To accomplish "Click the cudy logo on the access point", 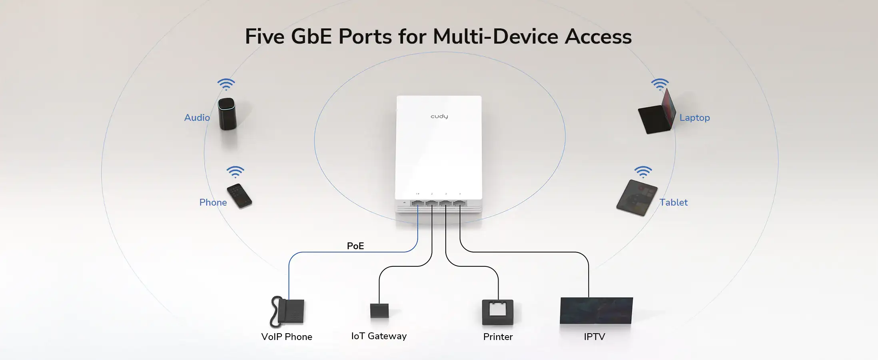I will [439, 116].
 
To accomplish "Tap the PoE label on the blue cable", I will [355, 246].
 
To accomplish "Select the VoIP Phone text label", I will [287, 337].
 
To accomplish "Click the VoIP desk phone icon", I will [288, 312].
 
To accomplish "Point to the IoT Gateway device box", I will [379, 310].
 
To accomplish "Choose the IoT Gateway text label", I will [379, 336].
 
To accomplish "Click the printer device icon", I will [498, 312].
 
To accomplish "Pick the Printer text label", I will [498, 337].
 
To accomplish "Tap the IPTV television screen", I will [596, 310].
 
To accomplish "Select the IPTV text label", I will [594, 337].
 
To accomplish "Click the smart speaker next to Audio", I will [227, 114].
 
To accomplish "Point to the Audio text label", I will [197, 118].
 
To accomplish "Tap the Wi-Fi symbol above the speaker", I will [226, 84].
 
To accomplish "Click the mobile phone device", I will [239, 196].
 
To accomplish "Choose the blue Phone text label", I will [213, 202].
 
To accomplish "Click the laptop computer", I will [657, 114].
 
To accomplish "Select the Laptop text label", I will [694, 118].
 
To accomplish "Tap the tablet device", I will [637, 198].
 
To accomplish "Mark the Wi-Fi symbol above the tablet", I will [643, 172].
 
